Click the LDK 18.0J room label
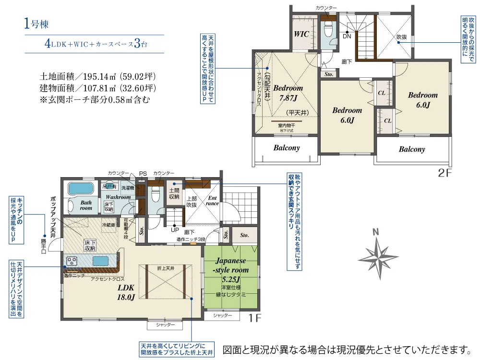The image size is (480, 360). (126, 292)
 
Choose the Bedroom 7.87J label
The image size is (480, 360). (288, 93)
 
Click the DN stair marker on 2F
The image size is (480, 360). (346, 36)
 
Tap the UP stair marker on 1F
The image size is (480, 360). (175, 229)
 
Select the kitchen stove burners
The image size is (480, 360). (72, 261)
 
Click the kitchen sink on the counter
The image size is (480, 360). (100, 261)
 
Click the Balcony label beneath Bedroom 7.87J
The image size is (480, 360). (287, 148)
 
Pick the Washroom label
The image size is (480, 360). (118, 197)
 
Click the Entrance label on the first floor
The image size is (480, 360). (212, 200)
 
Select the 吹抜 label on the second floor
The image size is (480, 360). (402, 36)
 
